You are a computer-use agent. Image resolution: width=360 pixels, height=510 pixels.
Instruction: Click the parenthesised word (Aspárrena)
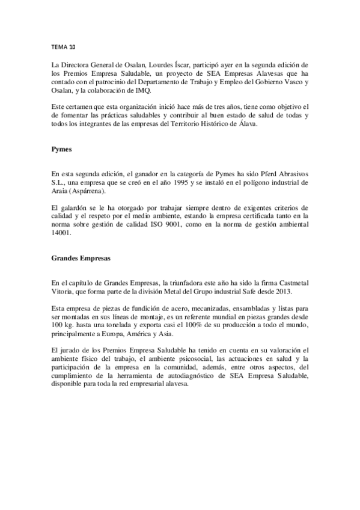[x=87, y=191]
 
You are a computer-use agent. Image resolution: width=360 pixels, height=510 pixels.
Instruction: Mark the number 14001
[x=61, y=235]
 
